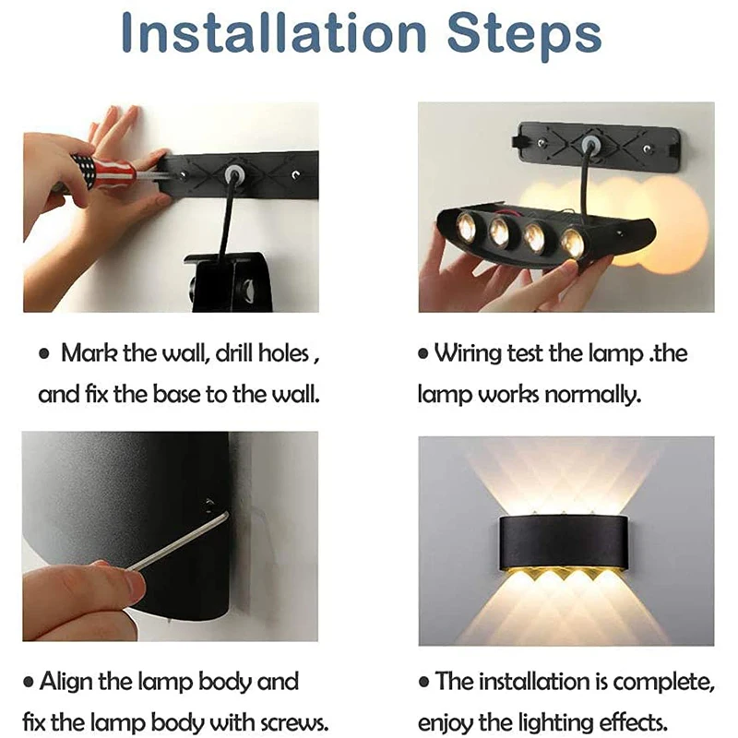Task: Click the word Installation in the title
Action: tap(273, 34)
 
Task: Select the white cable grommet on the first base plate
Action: tap(233, 174)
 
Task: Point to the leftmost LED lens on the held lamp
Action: tap(465, 225)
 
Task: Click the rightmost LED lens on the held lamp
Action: tap(572, 244)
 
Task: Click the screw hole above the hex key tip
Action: tap(208, 505)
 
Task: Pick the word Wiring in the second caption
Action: tap(468, 353)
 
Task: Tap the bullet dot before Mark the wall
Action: tap(43, 354)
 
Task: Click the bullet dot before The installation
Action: tap(424, 683)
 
